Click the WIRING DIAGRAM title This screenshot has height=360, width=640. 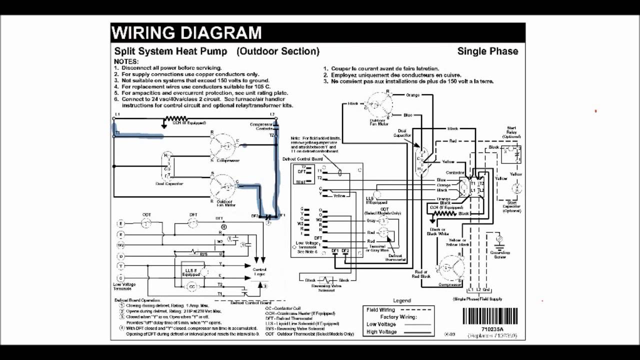click(186, 33)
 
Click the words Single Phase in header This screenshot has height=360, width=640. click(487, 51)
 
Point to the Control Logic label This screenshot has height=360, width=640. click(259, 272)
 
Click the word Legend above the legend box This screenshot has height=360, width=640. click(402, 300)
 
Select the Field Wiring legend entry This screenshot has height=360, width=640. click(381, 310)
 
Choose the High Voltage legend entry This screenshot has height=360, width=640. click(381, 331)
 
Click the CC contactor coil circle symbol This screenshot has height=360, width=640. click(191, 286)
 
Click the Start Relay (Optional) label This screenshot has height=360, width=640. click(511, 132)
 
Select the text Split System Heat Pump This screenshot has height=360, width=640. click(170, 51)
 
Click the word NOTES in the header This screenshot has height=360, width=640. click(126, 61)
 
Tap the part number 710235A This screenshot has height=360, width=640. click(492, 330)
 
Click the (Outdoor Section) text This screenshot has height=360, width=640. click(278, 51)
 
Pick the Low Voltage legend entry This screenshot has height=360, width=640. click(381, 324)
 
